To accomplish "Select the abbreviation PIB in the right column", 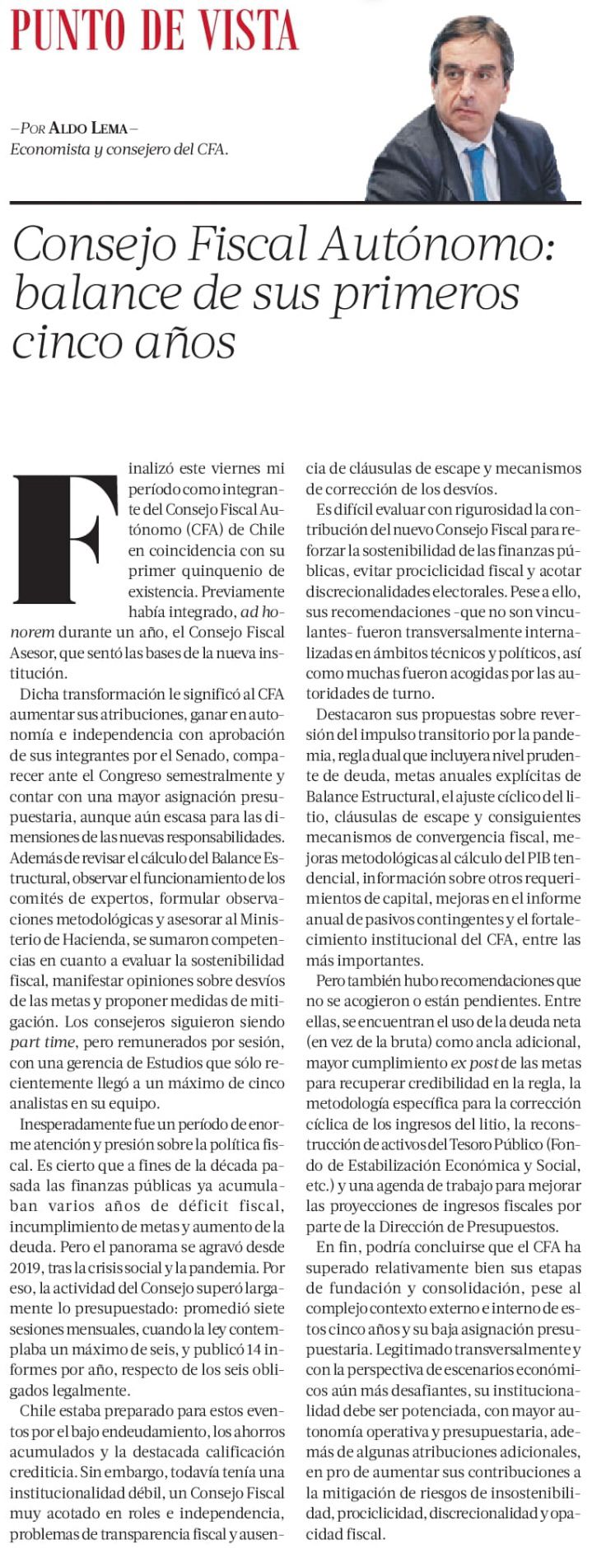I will [x=539, y=857].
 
